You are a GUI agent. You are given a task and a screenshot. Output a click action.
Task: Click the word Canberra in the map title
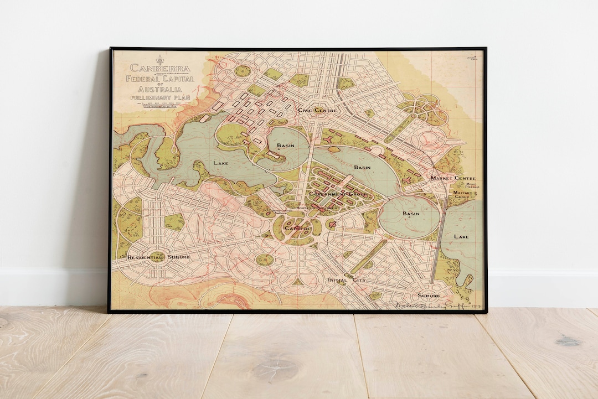pyautogui.click(x=160, y=69)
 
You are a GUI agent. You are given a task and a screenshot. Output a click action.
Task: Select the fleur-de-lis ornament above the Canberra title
pyautogui.click(x=160, y=59)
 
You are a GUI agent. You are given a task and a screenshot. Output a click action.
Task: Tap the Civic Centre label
pyautogui.click(x=317, y=110)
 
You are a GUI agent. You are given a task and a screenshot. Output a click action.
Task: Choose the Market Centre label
pyautogui.click(x=453, y=178)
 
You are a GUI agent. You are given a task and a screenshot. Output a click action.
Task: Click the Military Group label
pyautogui.click(x=464, y=195)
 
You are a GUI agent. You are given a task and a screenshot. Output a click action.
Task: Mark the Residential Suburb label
pyautogui.click(x=158, y=257)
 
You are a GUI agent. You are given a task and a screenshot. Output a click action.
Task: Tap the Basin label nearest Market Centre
pyautogui.click(x=411, y=214)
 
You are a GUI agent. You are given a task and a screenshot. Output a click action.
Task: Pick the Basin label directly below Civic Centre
pyautogui.click(x=285, y=146)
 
